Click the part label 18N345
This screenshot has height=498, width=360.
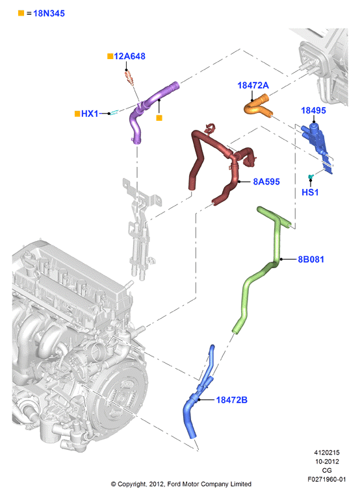click(49, 14)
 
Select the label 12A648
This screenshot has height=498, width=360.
click(129, 56)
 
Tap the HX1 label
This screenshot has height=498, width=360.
click(90, 114)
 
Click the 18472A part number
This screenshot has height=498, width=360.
click(253, 85)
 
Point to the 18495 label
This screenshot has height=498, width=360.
click(313, 110)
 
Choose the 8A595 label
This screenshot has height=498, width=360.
click(266, 182)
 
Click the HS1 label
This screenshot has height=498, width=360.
click(310, 192)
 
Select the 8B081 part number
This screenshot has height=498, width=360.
click(311, 259)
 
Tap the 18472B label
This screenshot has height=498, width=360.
click(231, 400)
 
